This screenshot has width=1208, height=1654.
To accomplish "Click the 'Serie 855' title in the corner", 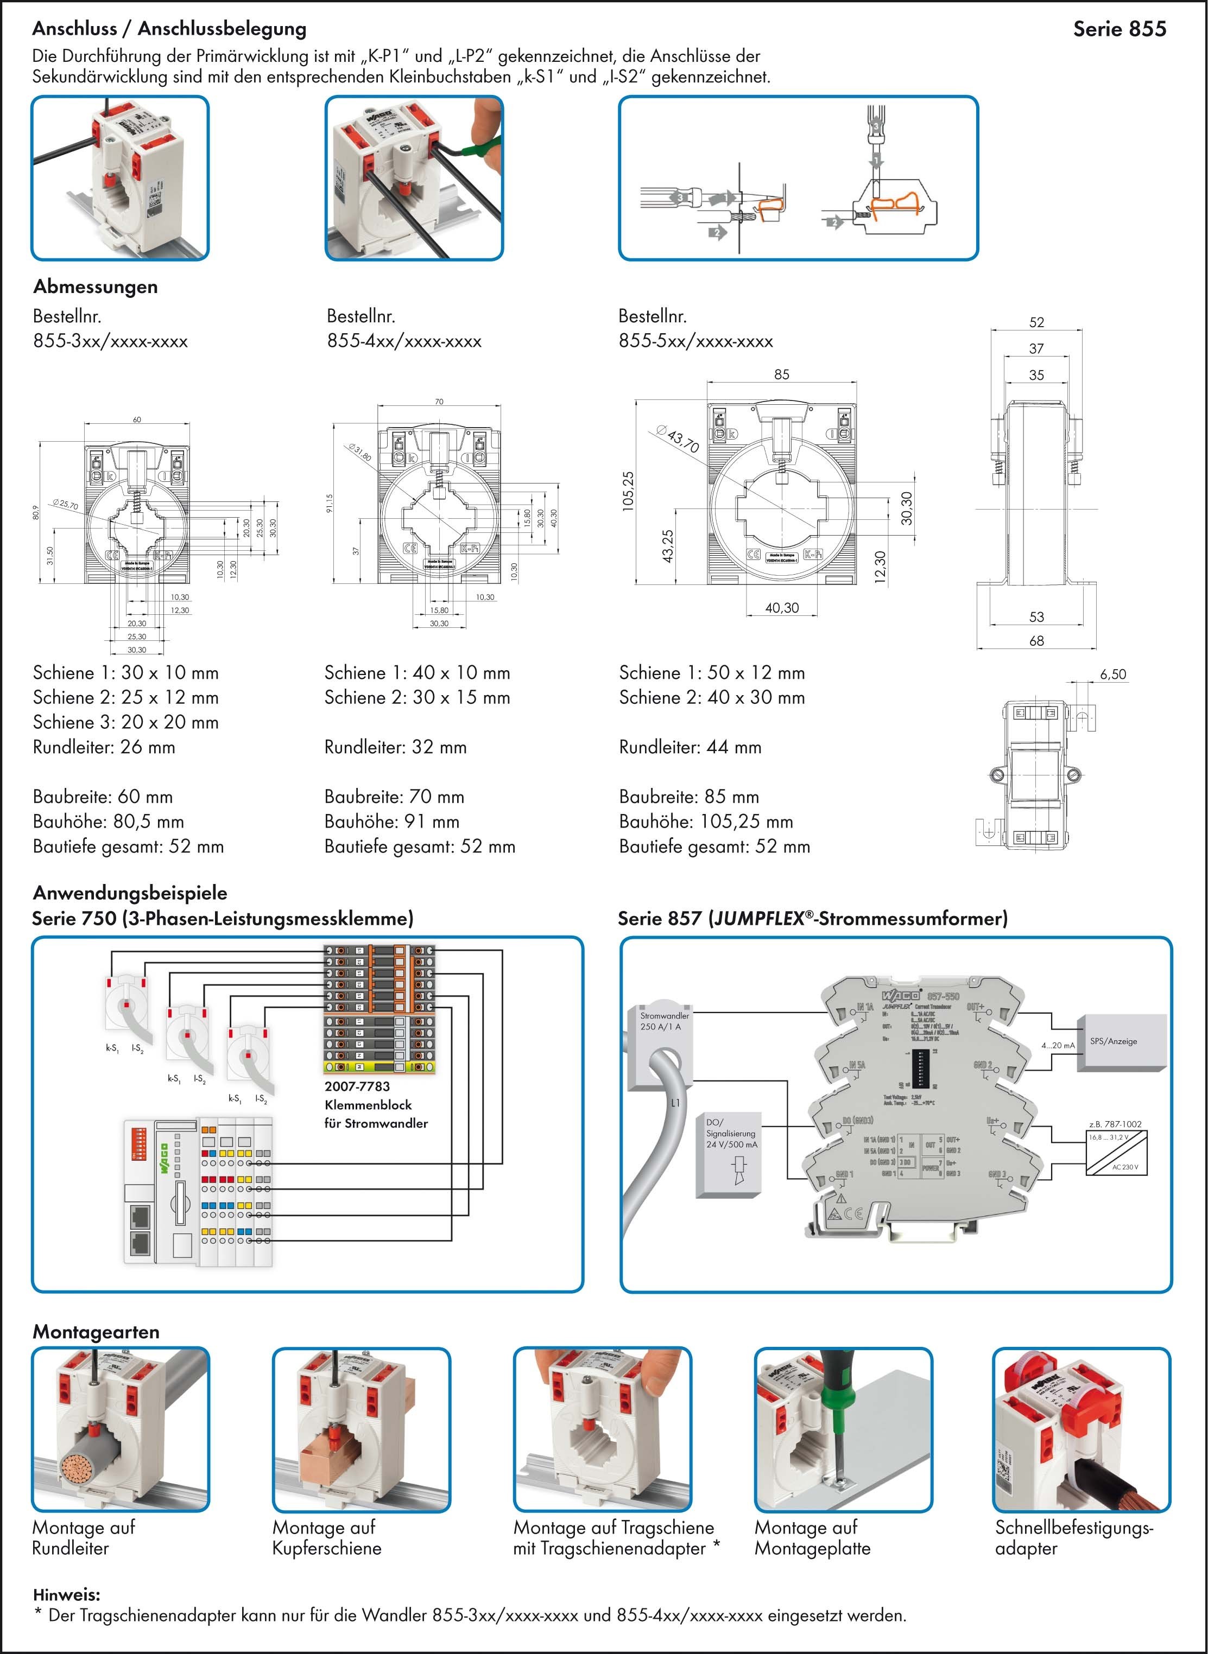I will point(1119,29).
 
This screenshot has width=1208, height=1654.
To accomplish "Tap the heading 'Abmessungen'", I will point(95,287).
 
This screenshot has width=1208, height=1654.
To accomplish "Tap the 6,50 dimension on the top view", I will point(1112,674).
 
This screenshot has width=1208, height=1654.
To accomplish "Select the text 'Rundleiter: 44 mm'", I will point(690,747).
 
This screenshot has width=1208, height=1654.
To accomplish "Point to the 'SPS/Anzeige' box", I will point(1113,1041).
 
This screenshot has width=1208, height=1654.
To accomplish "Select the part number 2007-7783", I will point(357,1087).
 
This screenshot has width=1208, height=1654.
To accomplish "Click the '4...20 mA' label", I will point(1058,1046).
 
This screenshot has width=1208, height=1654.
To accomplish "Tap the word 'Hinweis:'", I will point(67,1594).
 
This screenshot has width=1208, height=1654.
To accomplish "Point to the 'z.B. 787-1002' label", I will point(1115,1124).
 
